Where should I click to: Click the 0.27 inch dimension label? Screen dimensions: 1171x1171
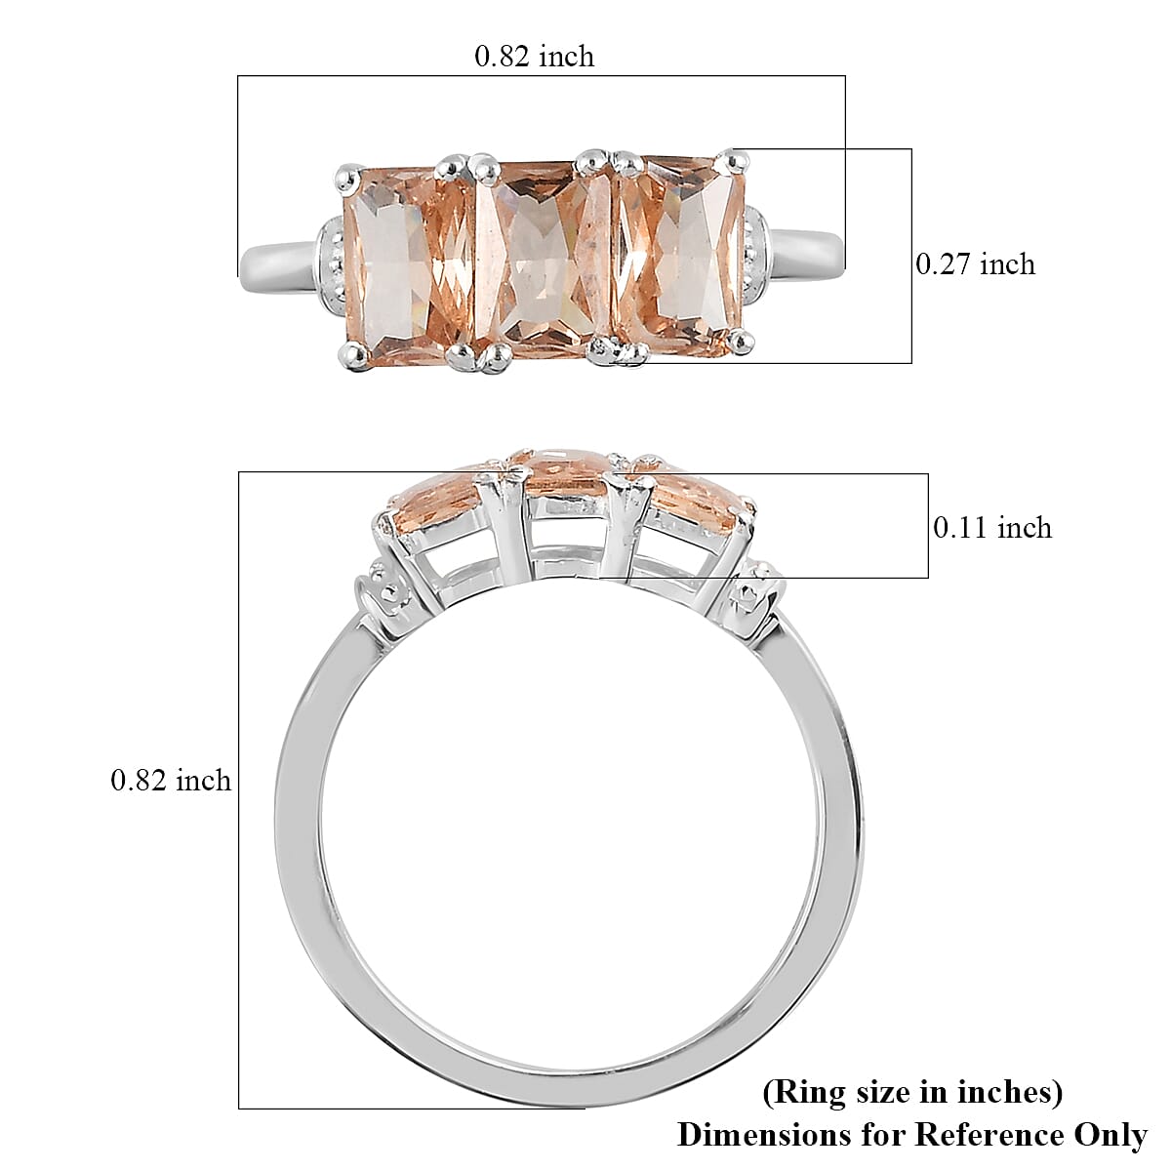tap(975, 263)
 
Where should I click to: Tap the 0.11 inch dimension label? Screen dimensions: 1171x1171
tap(992, 527)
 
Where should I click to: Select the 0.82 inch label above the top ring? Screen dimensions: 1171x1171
tap(534, 57)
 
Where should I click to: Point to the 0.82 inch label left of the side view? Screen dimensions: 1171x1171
tap(171, 780)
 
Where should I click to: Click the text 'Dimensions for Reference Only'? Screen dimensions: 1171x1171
tap(912, 1135)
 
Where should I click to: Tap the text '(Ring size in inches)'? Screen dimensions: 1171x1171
tap(912, 1092)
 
